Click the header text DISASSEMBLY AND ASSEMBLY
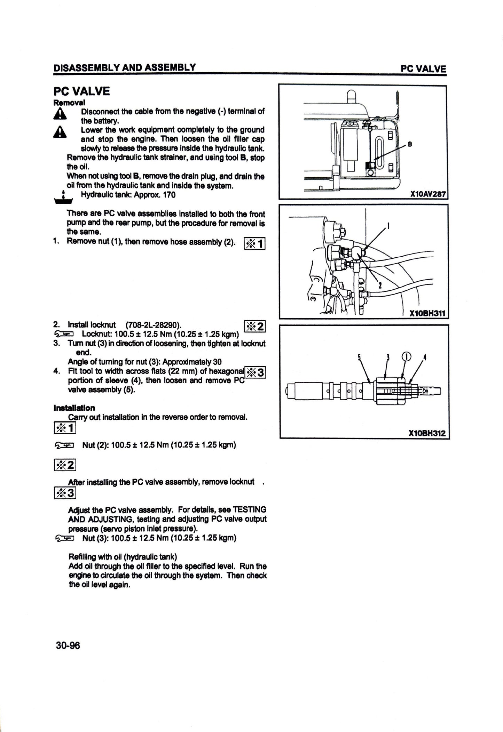(124, 67)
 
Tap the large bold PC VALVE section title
(81, 91)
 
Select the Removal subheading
(69, 103)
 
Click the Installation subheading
(74, 408)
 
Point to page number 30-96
(68, 646)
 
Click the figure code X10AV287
(428, 194)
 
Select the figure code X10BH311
(427, 313)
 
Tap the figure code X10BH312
(427, 434)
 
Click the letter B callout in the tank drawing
(410, 145)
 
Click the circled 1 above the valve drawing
(406, 357)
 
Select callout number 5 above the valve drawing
(359, 357)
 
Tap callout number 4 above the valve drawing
(424, 357)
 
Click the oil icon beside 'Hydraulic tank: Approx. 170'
(63, 197)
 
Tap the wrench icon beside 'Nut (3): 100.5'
(64, 539)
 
